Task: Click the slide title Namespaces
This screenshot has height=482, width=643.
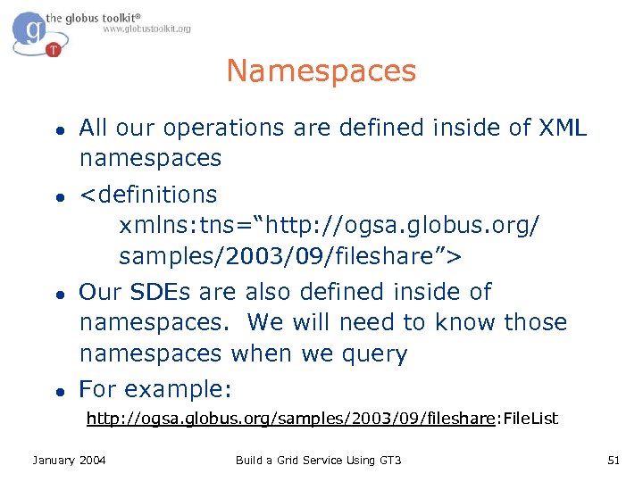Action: [x=321, y=71]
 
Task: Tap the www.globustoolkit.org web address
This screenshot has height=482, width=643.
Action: [x=146, y=29]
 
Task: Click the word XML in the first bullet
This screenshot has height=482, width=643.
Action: [x=564, y=128]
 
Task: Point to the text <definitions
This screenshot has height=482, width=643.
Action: [x=148, y=195]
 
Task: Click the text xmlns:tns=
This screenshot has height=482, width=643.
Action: [x=181, y=226]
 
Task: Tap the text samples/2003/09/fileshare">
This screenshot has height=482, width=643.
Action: [x=290, y=257]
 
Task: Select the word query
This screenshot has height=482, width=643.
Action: [x=372, y=353]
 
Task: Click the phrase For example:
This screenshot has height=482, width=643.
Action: [x=156, y=389]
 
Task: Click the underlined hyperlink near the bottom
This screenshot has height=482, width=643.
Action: [x=290, y=418]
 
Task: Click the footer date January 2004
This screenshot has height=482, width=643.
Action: [x=69, y=460]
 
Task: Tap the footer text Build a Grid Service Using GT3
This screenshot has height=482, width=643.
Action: [x=319, y=460]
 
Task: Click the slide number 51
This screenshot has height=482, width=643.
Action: [x=613, y=460]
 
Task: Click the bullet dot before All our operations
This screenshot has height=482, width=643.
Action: [x=57, y=129]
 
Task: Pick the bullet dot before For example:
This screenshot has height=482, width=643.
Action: [x=57, y=390]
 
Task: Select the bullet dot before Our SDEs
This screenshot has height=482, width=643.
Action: [x=57, y=293]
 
